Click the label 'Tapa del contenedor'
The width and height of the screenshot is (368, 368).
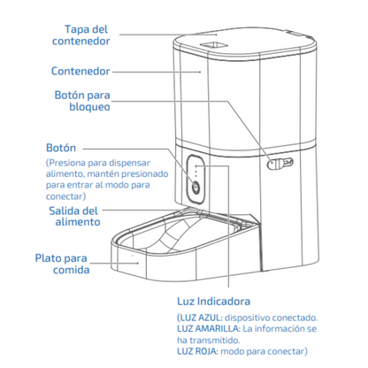click(x=80, y=35)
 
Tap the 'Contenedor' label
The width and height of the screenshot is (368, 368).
click(x=80, y=71)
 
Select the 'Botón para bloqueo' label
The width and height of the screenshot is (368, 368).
click(x=82, y=101)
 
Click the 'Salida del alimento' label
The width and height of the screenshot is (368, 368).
click(x=74, y=216)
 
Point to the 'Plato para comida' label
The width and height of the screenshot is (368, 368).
click(x=62, y=264)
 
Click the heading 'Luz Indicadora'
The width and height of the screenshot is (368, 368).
click(x=214, y=302)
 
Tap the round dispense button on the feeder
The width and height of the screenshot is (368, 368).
click(x=195, y=188)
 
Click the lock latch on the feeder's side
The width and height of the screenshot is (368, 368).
click(x=280, y=164)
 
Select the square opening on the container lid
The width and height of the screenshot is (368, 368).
click(x=214, y=45)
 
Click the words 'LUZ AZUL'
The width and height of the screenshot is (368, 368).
click(x=200, y=318)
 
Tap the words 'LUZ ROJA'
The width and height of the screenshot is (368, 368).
click(x=197, y=351)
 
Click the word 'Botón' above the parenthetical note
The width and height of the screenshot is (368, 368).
click(x=61, y=148)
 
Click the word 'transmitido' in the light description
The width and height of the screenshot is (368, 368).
click(x=215, y=341)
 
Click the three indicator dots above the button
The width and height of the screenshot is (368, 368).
click(x=195, y=171)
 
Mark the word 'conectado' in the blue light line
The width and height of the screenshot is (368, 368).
click(x=295, y=318)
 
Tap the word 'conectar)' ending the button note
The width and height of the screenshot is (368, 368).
click(x=66, y=196)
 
